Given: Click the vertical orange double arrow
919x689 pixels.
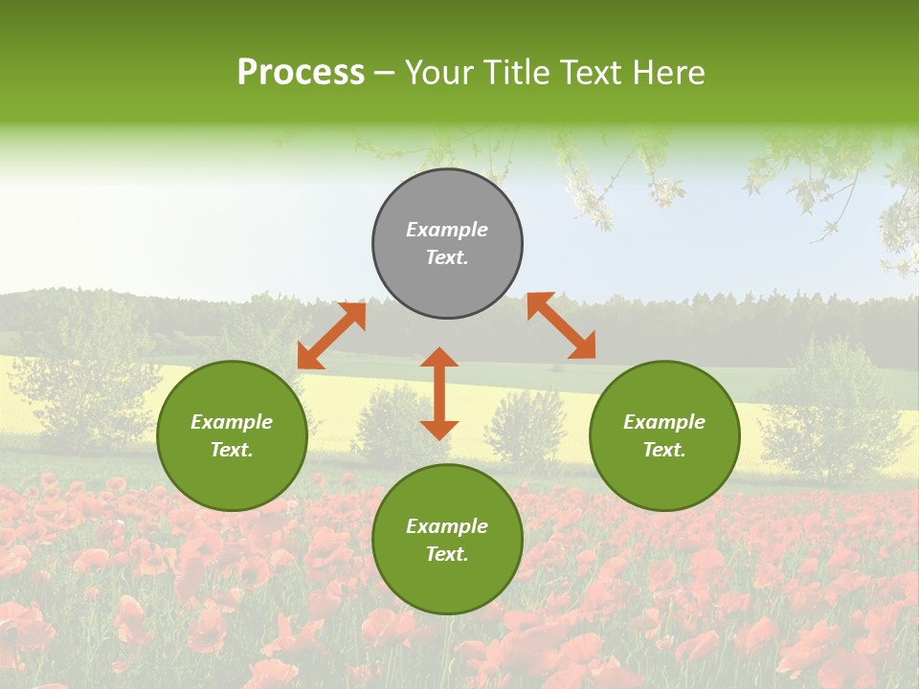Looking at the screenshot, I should coord(439,393).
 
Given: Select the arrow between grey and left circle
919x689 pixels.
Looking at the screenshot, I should coord(332,335).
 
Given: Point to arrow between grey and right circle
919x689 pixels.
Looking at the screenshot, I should coord(561,325).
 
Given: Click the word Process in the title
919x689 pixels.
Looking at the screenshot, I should coord(301,72).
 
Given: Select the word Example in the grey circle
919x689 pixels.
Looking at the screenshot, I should coord(447,230).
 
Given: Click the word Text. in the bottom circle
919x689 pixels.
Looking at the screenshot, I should coord(447,554).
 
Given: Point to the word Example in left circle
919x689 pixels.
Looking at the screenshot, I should coord(232,422).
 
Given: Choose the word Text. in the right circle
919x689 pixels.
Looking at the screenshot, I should coord(664,450).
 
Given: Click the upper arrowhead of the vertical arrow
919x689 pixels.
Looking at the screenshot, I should coord(439,358).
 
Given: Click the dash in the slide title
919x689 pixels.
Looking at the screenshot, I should coord(385,74).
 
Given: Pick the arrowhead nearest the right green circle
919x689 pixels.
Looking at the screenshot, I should coord(584,348).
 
